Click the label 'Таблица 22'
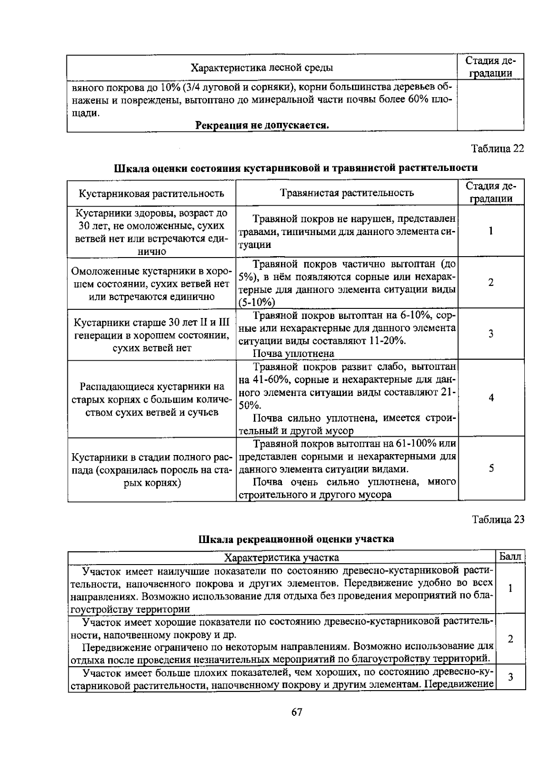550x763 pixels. point(498,149)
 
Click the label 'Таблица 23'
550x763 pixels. point(498,519)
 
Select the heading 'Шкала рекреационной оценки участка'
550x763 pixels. point(296,539)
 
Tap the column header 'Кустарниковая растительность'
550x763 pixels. point(151,193)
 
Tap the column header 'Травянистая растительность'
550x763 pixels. point(346,193)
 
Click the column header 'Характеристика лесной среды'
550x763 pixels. point(262,68)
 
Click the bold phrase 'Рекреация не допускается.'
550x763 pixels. point(262,125)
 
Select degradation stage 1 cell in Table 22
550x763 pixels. point(491,231)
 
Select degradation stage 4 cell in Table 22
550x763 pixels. point(491,398)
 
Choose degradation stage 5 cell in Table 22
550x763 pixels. point(491,468)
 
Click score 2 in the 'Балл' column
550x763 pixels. point(510,639)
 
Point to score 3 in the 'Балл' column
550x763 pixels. point(510,677)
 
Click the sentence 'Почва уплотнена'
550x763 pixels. point(293,354)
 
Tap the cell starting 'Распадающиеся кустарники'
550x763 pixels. point(151,399)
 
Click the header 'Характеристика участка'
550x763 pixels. point(281,557)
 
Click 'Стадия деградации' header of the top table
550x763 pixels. point(490,67)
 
